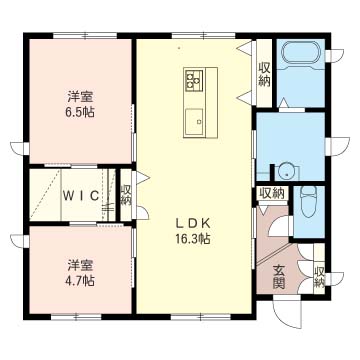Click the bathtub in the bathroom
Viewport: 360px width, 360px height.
(x=301, y=54)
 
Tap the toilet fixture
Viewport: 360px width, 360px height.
(x=308, y=201)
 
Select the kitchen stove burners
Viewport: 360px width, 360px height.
(x=193, y=80)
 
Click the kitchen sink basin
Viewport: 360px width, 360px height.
(x=194, y=121)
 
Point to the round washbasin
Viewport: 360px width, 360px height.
(x=286, y=171)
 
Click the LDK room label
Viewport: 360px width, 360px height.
(x=192, y=224)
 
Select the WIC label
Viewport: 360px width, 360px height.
(x=81, y=196)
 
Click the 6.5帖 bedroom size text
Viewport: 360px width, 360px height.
(x=80, y=112)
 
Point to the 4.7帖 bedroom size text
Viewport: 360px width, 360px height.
(x=80, y=281)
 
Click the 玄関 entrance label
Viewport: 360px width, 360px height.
(x=278, y=277)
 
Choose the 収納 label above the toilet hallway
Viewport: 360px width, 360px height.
(x=272, y=193)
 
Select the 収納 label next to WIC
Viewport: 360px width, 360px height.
(x=126, y=195)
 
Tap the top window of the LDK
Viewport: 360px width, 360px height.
(x=204, y=35)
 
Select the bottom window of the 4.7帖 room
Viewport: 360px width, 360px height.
(x=76, y=317)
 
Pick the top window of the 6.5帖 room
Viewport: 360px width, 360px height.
(x=85, y=35)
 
